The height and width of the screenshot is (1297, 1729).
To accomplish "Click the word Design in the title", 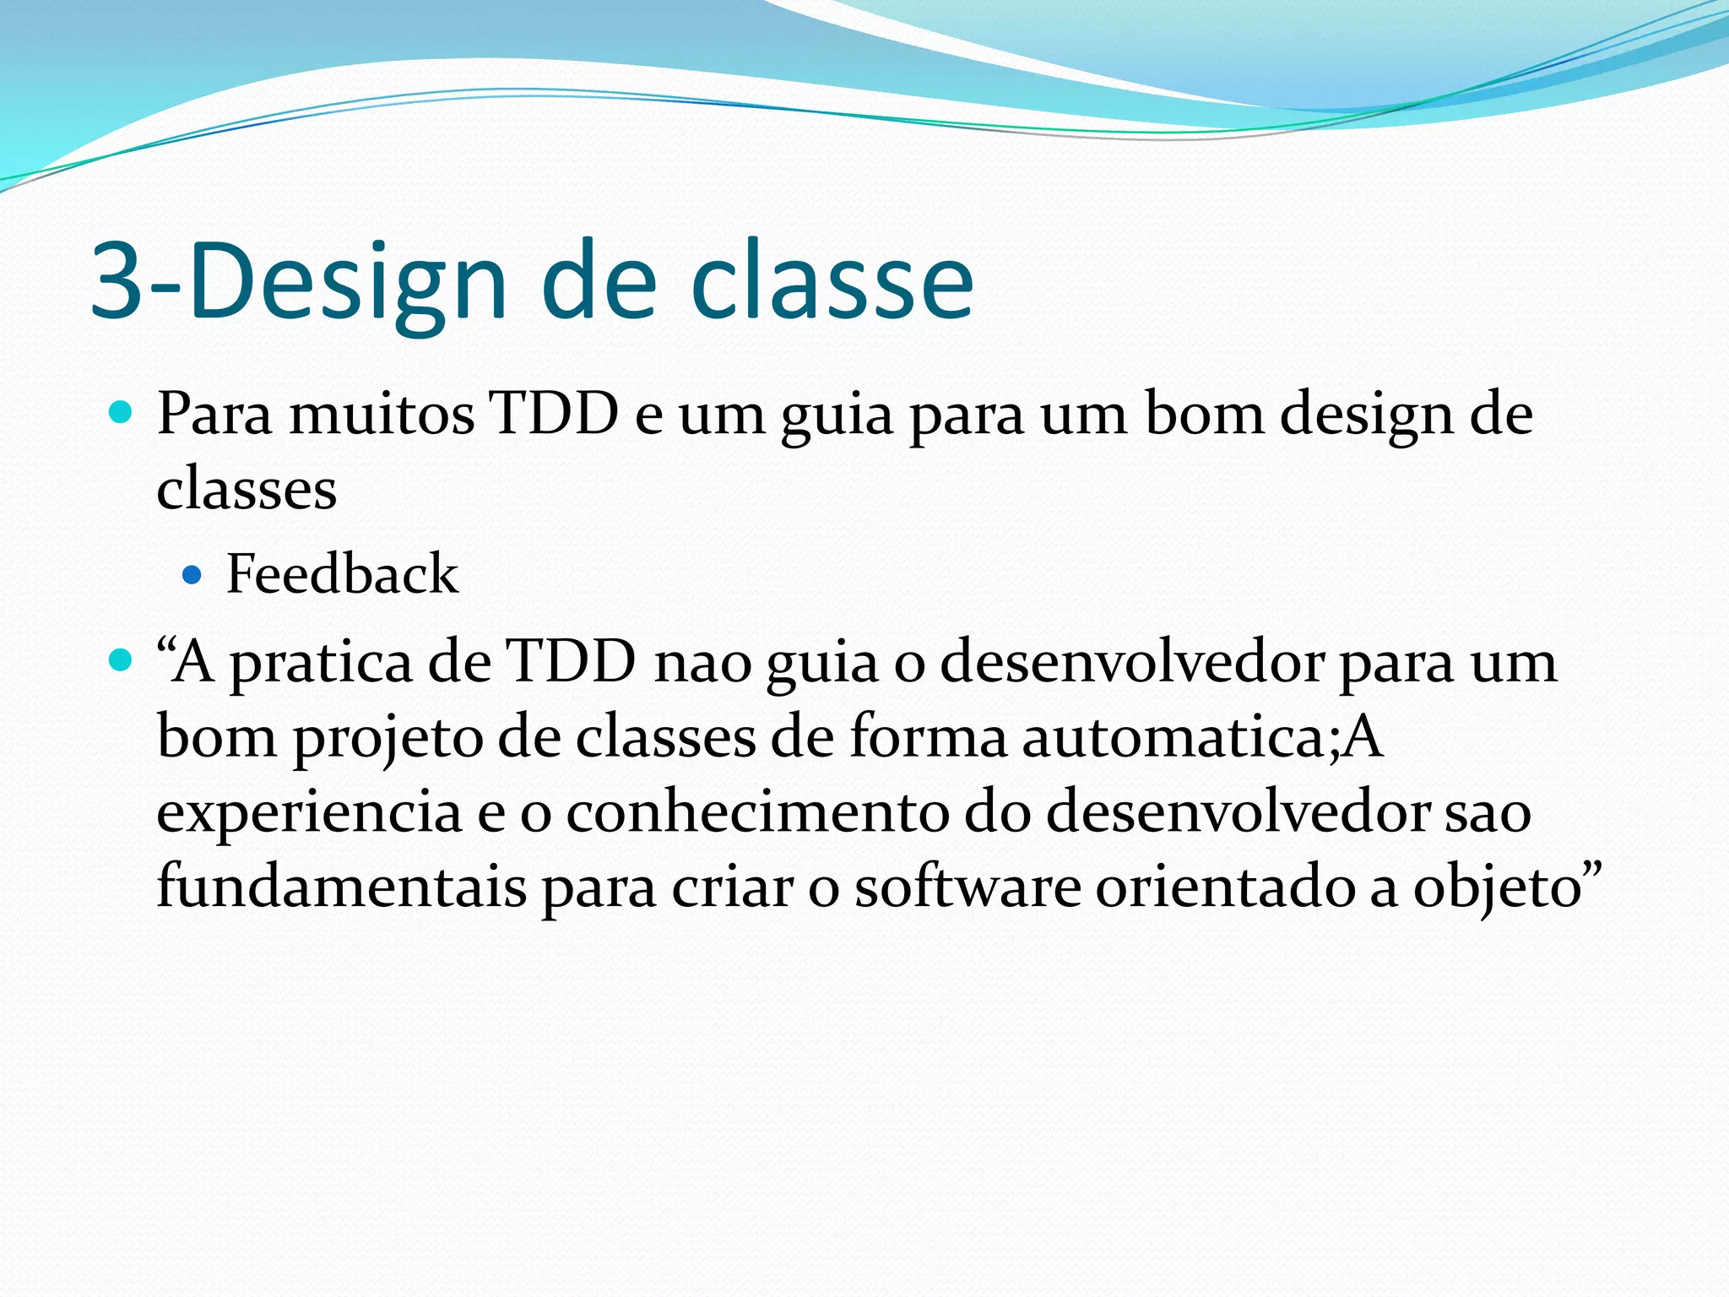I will tap(346, 283).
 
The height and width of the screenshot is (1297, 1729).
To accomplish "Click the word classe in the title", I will tap(832, 283).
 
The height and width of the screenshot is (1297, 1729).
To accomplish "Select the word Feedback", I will tap(342, 574).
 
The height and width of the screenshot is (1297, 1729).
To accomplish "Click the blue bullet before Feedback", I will tap(192, 576).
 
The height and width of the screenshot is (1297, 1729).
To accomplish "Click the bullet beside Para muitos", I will tap(122, 413).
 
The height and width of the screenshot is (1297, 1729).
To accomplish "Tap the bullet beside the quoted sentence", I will tap(122, 659).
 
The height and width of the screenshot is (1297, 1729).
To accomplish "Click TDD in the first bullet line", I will tap(555, 414).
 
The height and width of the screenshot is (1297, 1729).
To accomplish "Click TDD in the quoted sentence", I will tap(570, 661).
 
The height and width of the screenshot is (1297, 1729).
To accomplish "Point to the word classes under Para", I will tap(247, 490).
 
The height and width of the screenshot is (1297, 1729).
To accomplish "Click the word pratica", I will tap(321, 663).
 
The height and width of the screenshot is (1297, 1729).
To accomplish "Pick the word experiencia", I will tap(309, 813).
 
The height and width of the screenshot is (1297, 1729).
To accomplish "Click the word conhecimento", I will tap(756, 811).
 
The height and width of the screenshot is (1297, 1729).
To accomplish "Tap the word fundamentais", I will tap(341, 887).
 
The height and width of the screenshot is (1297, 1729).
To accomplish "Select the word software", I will tap(967, 887).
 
